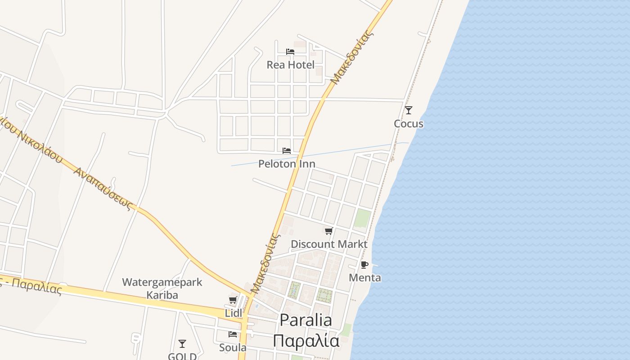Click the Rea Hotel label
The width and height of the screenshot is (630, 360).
pos(290,65)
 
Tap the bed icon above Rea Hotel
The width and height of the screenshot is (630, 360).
pos(290,52)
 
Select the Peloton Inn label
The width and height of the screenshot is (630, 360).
pos(287,164)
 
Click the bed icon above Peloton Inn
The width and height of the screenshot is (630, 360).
pos(287,151)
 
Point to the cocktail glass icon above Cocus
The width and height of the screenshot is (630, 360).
pos(409,110)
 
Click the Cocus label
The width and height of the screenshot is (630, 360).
pos(409,124)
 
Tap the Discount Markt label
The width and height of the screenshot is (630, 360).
pos(329,244)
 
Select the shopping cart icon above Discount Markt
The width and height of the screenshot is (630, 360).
pos(329,231)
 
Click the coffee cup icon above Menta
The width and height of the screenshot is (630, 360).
pos(364,265)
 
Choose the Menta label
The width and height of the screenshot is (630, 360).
pos(365,278)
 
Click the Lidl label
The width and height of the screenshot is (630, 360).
pos(233,313)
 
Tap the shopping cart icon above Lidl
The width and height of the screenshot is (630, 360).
pos(233,300)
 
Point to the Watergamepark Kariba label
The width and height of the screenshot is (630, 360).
pos(162,288)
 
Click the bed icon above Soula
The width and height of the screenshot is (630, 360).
pos(233,334)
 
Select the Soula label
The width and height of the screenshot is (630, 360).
pos(233,347)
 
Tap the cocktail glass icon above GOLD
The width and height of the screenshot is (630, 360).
pos(182,344)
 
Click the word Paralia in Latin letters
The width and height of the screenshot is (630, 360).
pos(306,320)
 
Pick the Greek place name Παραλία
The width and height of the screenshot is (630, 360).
pos(306,341)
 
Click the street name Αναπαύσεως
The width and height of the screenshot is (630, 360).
pos(104,189)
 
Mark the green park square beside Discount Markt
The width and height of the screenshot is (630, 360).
pos(362,219)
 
